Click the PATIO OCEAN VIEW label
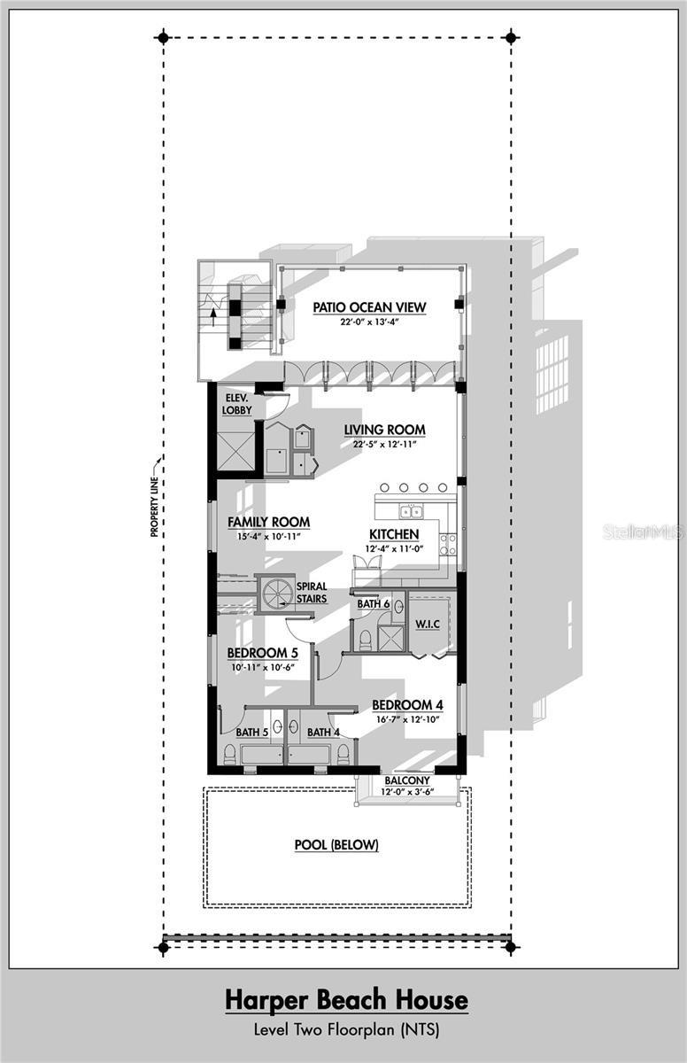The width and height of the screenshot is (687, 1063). point(369,307)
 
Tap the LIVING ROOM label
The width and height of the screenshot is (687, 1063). point(384,430)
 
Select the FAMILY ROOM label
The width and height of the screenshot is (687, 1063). point(268,523)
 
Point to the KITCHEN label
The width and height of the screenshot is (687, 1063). point(394,534)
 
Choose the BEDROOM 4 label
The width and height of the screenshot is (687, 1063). point(407,705)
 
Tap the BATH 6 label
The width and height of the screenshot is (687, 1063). point(374,604)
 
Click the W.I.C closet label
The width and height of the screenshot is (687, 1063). point(427,624)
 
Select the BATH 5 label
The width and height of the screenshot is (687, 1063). point(252,733)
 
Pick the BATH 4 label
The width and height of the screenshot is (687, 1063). point(323,733)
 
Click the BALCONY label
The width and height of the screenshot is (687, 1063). point(406,780)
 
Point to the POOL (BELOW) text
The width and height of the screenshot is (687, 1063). point(336,845)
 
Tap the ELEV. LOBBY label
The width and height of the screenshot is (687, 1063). point(236,404)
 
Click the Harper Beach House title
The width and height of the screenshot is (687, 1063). point(346,1001)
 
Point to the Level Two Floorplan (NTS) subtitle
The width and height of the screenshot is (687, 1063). point(346,1030)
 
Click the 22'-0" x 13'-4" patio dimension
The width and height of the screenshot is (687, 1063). point(369,322)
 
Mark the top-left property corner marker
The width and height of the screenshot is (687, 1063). point(162,37)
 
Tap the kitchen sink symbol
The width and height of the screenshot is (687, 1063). point(411,511)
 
